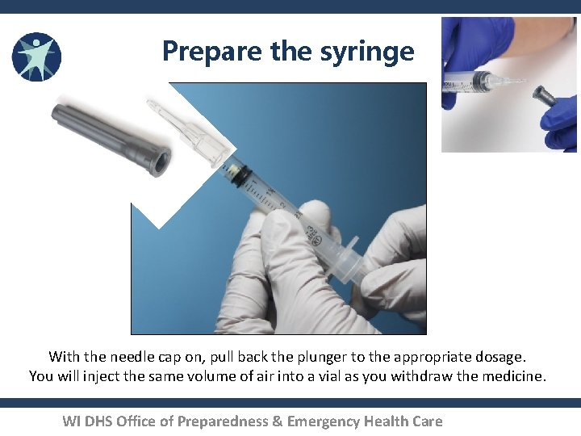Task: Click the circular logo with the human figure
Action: pos(36,57)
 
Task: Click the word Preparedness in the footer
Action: pos(224,421)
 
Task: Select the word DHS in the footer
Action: pos(101,421)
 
